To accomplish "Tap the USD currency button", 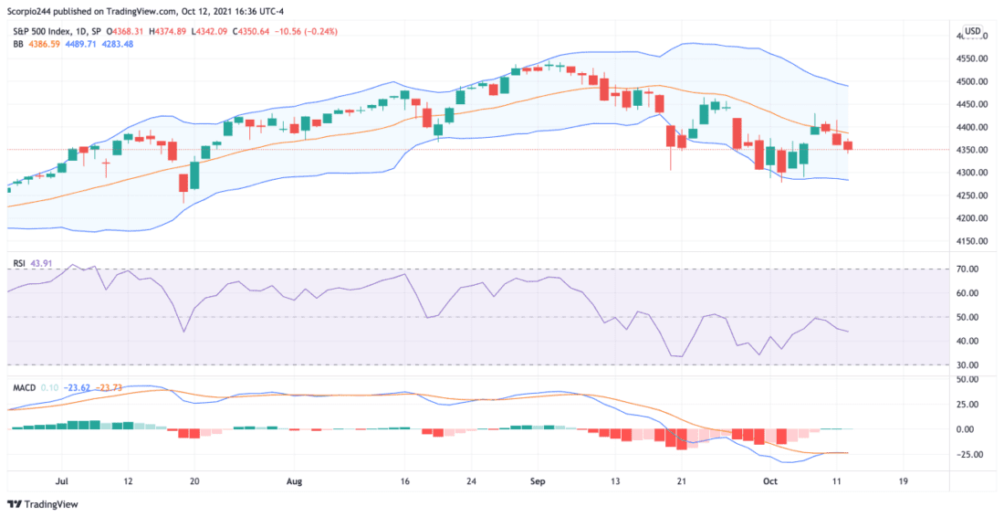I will (973, 31).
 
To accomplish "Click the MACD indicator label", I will (23, 387).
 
